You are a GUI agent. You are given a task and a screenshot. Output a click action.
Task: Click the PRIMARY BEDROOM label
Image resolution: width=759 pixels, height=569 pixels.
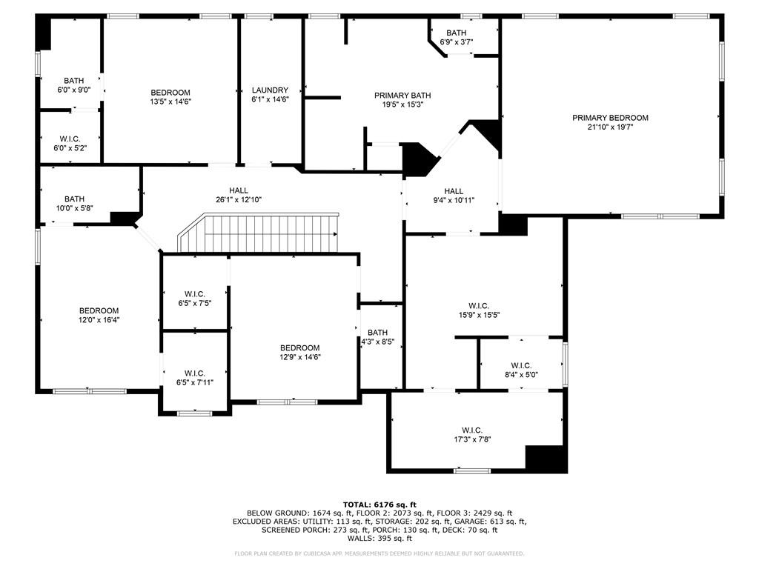(x=610, y=118)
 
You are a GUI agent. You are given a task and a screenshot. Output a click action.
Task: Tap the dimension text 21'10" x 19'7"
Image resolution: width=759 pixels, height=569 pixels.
(x=610, y=127)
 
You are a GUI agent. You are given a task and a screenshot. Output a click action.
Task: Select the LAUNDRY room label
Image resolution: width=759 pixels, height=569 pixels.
(x=270, y=90)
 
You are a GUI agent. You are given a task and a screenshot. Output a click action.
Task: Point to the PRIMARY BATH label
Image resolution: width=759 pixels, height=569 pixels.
(x=402, y=96)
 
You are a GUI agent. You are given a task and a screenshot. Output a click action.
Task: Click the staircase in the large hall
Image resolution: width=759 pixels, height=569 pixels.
(x=259, y=233)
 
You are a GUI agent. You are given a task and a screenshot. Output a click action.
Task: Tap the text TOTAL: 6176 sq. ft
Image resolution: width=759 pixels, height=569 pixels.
(x=379, y=504)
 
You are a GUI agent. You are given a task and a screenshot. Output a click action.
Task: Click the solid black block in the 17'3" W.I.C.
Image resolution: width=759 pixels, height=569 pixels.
(x=546, y=457)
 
